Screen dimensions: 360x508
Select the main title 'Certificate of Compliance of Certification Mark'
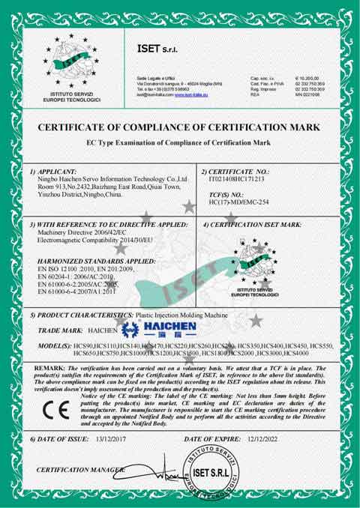coord(180,127)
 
